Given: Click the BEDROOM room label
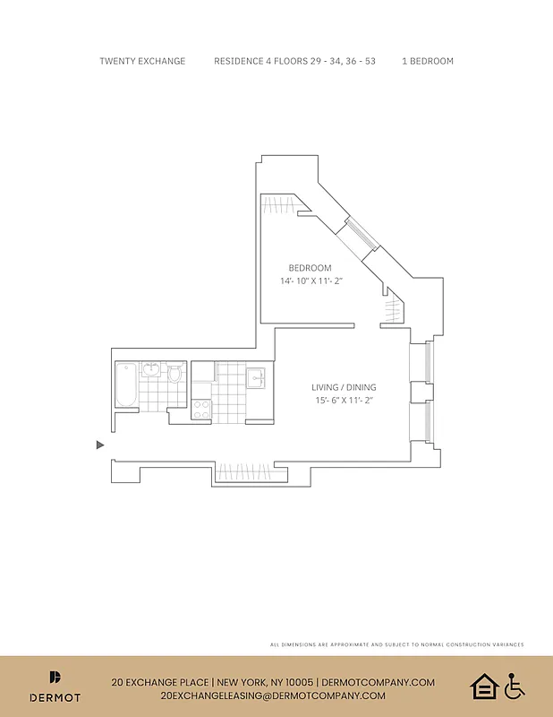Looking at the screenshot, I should tap(310, 268).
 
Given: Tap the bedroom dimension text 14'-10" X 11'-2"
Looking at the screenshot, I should tap(311, 281).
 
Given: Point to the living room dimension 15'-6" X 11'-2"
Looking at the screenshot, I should tap(342, 401).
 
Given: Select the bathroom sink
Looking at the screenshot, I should tap(152, 369).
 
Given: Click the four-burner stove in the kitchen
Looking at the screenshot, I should tap(201, 409).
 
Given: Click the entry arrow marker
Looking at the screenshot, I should tap(100, 445).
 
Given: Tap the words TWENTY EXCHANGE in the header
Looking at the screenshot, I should tap(142, 61).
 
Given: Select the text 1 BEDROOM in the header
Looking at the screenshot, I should tap(428, 61).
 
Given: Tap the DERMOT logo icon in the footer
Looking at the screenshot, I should tap(55, 678).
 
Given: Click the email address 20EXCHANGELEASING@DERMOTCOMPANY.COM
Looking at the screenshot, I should tap(273, 695).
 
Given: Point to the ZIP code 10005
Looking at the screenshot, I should tap(297, 682).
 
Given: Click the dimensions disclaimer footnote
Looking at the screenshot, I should tap(396, 644).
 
